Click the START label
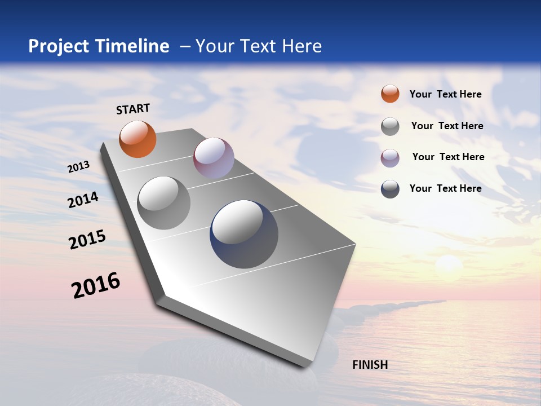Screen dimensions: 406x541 133,109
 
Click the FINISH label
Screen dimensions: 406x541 370,365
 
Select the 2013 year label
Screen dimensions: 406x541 78,167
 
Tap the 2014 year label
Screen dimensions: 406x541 83,200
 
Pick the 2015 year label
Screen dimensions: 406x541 87,239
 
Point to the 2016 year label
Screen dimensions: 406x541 96,285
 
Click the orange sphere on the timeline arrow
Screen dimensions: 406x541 138,139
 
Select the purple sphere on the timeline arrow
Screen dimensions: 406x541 214,158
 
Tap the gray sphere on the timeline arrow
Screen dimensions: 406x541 164,203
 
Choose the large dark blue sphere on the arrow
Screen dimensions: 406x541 244,234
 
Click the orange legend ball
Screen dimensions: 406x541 390,94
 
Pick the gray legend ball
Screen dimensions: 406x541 390,126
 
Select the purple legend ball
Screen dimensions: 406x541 390,158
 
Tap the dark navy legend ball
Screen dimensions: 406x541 390,189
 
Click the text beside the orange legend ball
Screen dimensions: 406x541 445,94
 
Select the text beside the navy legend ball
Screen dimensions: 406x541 445,188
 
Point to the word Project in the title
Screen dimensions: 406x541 59,46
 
